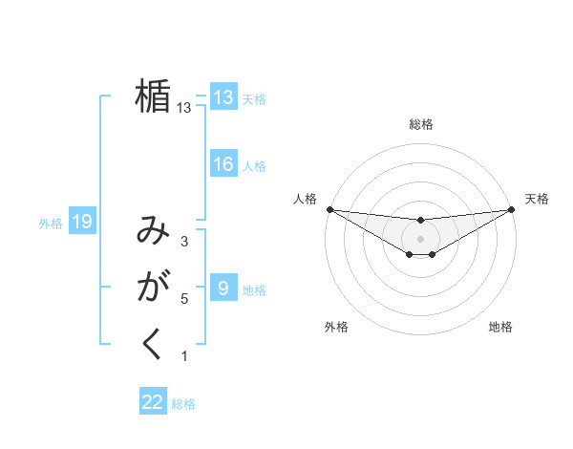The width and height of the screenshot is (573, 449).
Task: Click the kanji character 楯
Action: (x=153, y=97)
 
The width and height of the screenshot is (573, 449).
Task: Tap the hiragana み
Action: (x=153, y=232)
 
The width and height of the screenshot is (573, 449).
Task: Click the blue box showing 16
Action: (x=223, y=164)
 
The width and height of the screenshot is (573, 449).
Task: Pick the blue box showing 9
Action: (x=223, y=288)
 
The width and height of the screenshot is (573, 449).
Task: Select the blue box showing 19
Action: (x=82, y=223)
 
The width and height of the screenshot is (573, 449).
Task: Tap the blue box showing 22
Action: (x=153, y=402)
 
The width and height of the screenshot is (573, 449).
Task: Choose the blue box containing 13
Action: (x=223, y=96)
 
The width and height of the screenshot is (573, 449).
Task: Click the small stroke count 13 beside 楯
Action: (x=184, y=108)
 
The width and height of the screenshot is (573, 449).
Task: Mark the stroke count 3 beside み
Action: (x=184, y=242)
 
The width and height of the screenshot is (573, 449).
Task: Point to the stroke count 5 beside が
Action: (x=184, y=299)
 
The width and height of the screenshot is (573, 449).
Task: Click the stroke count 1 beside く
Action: (x=184, y=356)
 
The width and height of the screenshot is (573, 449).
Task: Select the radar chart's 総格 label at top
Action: (x=421, y=124)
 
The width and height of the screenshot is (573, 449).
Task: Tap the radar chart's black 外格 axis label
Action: (x=336, y=327)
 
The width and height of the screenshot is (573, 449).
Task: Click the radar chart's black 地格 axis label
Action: (x=500, y=327)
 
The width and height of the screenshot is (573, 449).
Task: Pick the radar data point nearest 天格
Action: (x=512, y=209)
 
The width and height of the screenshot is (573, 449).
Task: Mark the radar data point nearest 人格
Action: (x=329, y=209)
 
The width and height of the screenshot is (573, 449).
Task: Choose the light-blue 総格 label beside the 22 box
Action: (x=183, y=404)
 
